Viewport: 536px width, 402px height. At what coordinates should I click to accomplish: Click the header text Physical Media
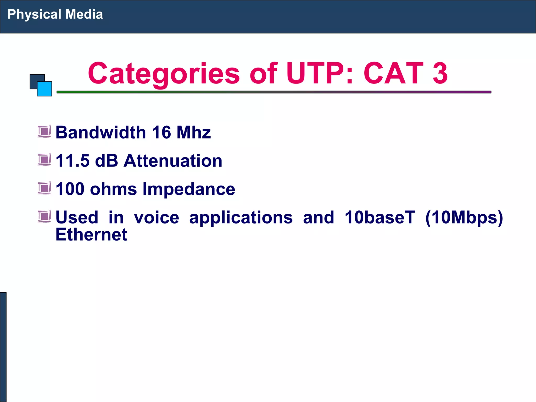click(x=55, y=14)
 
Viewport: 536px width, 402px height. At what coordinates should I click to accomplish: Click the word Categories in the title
click(x=164, y=74)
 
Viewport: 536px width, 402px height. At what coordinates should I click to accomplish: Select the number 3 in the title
click(x=440, y=74)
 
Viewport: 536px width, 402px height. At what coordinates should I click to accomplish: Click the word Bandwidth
click(x=101, y=132)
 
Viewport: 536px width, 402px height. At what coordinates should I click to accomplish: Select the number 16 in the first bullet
click(x=161, y=132)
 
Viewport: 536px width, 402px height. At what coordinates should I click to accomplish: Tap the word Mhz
click(x=194, y=132)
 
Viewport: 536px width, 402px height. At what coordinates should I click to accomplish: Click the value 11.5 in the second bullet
click(x=72, y=160)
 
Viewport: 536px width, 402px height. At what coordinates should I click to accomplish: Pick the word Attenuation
click(x=173, y=160)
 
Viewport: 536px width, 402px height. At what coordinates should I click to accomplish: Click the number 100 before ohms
click(x=70, y=189)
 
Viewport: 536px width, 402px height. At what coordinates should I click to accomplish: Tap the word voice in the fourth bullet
click(x=157, y=217)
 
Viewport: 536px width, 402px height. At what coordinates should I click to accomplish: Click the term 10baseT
click(x=380, y=217)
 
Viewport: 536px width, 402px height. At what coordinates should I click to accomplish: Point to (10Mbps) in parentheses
click(x=464, y=218)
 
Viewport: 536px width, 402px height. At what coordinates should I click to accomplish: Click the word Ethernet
click(x=91, y=234)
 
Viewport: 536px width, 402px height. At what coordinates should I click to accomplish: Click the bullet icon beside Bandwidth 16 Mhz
click(x=44, y=131)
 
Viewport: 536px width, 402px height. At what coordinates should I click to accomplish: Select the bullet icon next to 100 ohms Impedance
click(x=44, y=188)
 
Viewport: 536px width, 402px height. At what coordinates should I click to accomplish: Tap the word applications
click(x=241, y=218)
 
